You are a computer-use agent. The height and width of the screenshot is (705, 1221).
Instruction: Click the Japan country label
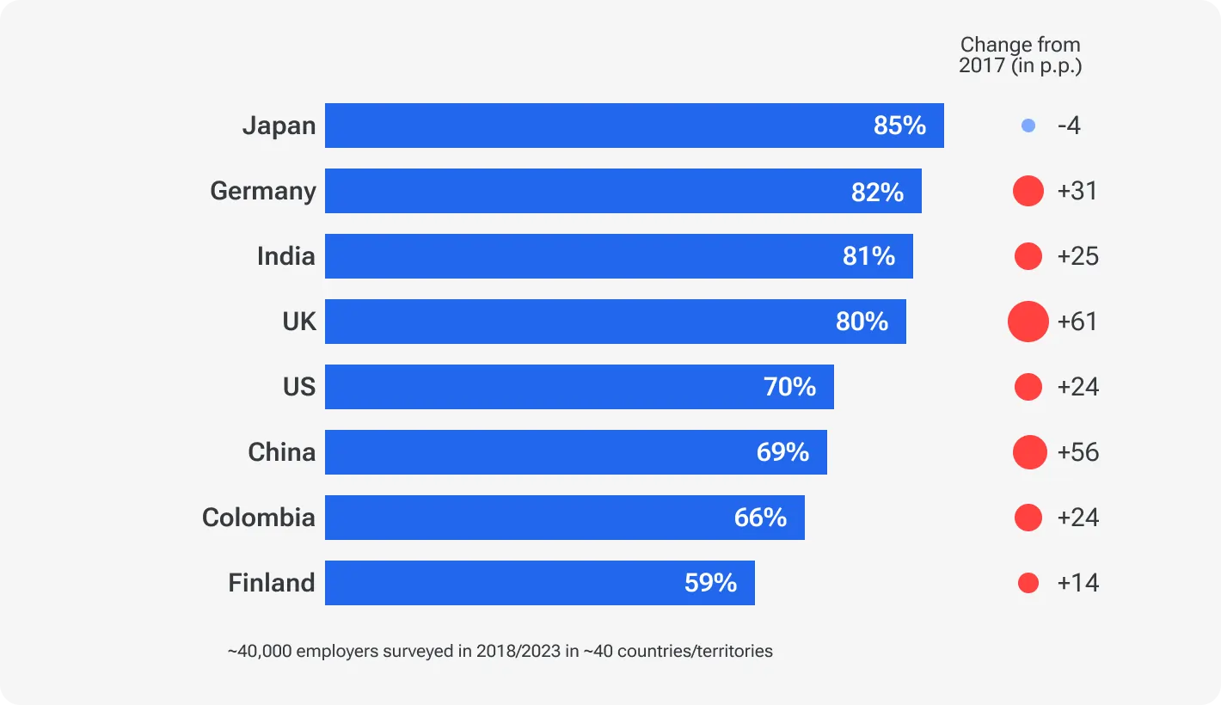(279, 126)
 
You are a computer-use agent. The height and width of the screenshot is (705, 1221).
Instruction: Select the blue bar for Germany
(623, 191)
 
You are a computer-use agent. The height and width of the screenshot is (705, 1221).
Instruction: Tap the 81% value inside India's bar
(868, 256)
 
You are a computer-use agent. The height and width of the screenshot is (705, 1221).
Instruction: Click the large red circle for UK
(1028, 322)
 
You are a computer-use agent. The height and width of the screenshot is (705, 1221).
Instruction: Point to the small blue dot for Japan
(1028, 126)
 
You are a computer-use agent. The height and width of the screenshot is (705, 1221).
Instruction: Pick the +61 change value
(1077, 322)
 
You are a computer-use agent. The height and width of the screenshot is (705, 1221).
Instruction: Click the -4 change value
(1069, 126)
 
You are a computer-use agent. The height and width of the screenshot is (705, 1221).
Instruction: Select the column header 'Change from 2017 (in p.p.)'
(1020, 55)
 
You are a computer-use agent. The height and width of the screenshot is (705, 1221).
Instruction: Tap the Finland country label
(272, 583)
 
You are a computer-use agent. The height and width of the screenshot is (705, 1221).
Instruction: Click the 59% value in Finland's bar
(710, 583)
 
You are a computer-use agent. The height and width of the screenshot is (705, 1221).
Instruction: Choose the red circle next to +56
(1029, 452)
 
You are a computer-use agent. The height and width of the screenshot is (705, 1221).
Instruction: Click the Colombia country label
(259, 518)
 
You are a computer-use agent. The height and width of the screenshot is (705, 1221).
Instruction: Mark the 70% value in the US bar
(789, 387)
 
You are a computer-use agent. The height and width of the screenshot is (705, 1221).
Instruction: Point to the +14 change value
(1077, 583)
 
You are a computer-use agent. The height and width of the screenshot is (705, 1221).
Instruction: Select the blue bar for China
(575, 452)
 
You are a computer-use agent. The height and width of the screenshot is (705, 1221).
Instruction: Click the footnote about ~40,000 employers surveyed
(500, 651)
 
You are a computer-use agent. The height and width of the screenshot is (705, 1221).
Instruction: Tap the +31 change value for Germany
(1077, 191)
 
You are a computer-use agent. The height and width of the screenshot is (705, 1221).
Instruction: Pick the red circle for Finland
(1028, 583)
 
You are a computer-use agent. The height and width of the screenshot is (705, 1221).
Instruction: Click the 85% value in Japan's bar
(899, 126)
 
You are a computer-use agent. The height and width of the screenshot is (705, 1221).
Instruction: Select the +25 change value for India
(1077, 256)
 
